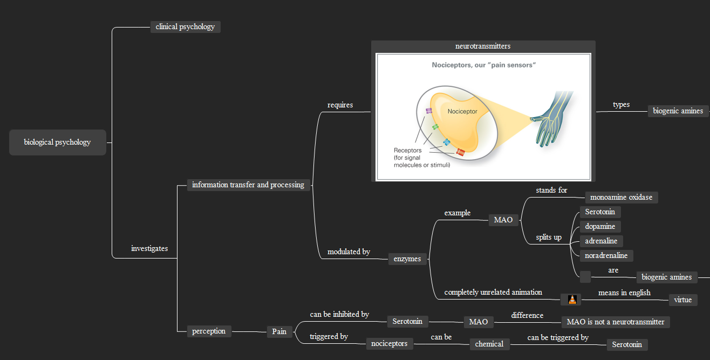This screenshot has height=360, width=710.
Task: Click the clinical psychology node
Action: point(185,27)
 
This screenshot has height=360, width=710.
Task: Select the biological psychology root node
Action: point(57,142)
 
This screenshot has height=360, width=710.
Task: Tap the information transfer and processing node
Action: point(248,185)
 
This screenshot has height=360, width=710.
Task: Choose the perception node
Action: point(209,331)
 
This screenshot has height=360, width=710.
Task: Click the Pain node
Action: point(279,332)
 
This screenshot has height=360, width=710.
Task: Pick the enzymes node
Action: point(407,259)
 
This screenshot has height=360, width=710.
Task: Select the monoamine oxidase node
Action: point(621,198)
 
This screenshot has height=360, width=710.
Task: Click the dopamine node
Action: point(600,227)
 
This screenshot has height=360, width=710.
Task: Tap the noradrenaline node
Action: point(606,256)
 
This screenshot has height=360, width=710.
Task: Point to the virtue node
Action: point(682,300)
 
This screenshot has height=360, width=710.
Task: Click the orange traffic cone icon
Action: point(572,300)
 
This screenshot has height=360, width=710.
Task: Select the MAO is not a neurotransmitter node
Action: point(616,322)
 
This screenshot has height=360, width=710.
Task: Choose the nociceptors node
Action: point(390,344)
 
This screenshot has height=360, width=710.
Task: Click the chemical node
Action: point(489,344)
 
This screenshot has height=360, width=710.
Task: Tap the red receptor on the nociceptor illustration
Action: point(460,152)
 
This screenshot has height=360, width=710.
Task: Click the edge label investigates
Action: point(149,249)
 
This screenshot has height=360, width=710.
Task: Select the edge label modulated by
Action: point(349,252)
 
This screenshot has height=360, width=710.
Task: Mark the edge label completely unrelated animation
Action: point(493,293)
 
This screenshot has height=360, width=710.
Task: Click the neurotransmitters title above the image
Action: point(483,46)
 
